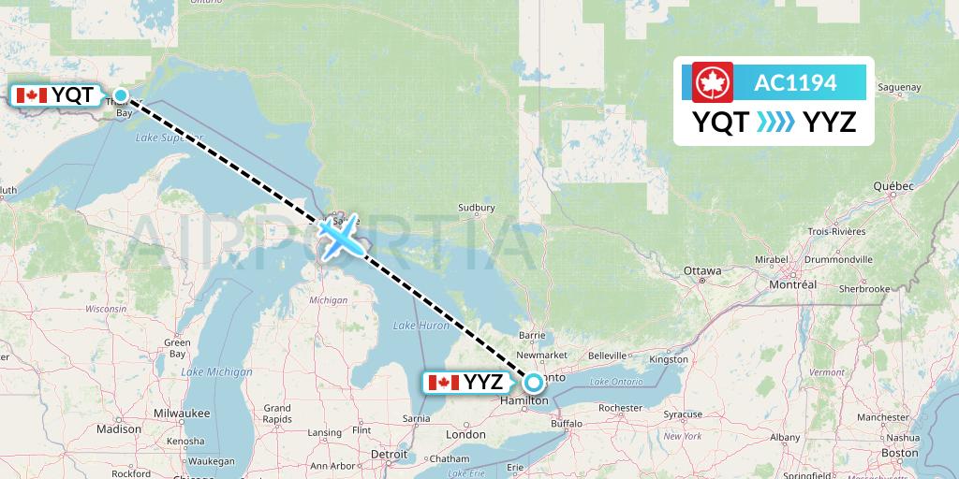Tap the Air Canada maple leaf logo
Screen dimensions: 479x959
pos(712,82)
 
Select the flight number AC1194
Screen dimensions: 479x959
pos(795,82)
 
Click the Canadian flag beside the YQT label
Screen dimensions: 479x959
pos(32,94)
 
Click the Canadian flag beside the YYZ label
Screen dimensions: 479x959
pos(442,382)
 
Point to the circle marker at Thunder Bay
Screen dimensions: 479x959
pos(121,94)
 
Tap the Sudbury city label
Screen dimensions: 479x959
pos(476,208)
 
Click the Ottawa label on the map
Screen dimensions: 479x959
pos(702,270)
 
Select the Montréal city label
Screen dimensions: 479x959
pos(792,283)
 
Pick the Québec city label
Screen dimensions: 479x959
pos(893,186)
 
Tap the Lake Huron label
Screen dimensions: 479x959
pos(415,325)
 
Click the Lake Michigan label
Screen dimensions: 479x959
pos(216,371)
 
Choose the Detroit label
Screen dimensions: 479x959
pos(389,454)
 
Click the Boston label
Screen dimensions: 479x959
pos(899,453)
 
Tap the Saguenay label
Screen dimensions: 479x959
pos(900,88)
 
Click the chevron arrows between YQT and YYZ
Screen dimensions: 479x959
pos(775,122)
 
